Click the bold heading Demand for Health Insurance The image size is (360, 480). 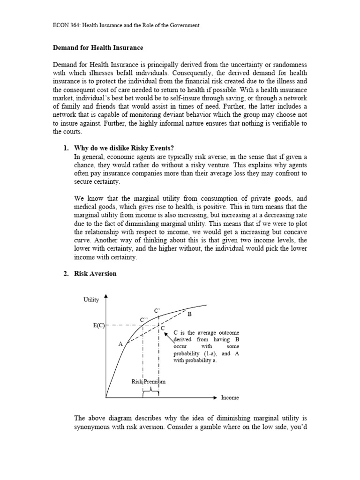(97, 48)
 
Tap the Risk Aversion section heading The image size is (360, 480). (95, 274)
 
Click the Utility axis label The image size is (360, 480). (91, 299)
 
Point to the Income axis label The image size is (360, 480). (230, 397)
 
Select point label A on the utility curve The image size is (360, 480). (120, 344)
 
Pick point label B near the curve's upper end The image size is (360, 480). (190, 315)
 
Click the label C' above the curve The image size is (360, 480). (157, 310)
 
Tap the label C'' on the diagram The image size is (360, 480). (144, 319)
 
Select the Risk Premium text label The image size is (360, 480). (148, 382)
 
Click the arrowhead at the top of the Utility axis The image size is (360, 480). (106, 296)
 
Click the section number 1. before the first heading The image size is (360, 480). (66, 148)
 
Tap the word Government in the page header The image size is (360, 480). (184, 25)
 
